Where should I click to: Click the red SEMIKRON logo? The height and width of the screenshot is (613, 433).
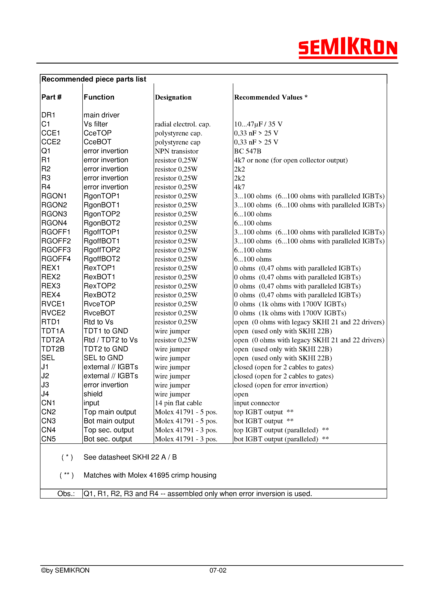pyautogui.click(x=347, y=48)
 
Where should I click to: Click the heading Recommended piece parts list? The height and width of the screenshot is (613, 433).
pyautogui.click(x=94, y=79)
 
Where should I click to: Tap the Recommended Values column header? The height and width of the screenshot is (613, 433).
pyautogui.click(x=270, y=97)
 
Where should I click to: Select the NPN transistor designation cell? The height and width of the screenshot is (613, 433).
pyautogui.click(x=176, y=151)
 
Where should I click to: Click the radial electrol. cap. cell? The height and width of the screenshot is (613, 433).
pyautogui.click(x=182, y=124)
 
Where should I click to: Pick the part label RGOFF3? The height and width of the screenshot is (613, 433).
pyautogui.click(x=56, y=250)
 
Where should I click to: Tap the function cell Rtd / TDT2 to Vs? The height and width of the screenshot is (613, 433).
pyautogui.click(x=110, y=340)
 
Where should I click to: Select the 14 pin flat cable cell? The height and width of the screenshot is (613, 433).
pyautogui.click(x=178, y=403)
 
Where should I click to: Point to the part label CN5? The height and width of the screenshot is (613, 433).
pyautogui.click(x=48, y=439)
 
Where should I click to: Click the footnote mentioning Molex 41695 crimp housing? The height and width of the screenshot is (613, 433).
pyautogui.click(x=150, y=475)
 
